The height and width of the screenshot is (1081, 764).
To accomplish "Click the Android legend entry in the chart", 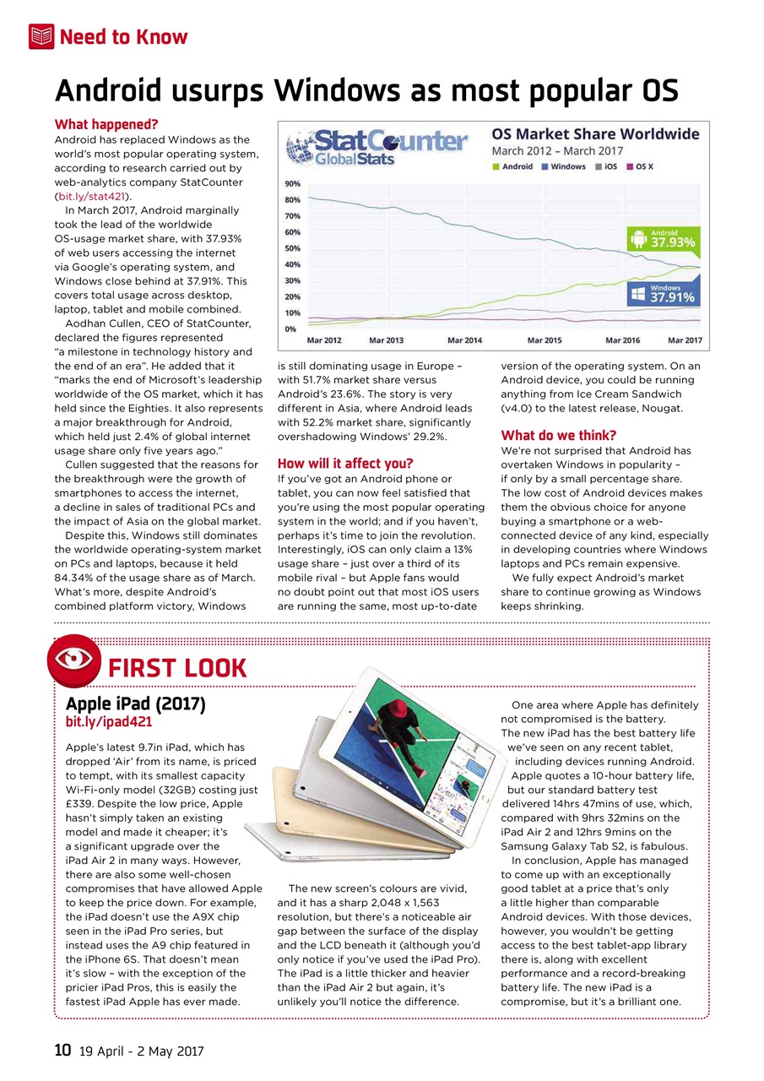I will click(512, 166).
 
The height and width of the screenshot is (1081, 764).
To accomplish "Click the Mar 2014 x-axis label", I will click(464, 340).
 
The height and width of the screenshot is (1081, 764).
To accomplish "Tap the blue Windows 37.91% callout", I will click(663, 292).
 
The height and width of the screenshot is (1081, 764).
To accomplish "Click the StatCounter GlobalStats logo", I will click(377, 146).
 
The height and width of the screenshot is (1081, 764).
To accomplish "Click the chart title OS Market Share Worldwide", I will click(595, 134).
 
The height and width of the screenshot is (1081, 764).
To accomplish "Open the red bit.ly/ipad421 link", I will click(109, 723).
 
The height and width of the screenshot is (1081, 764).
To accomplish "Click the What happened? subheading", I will click(106, 125).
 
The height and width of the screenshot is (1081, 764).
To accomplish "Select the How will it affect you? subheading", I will click(345, 463).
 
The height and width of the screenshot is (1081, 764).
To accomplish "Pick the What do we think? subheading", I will click(559, 436).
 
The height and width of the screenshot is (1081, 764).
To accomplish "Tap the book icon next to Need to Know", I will click(41, 36).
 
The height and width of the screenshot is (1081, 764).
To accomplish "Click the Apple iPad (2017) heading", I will click(135, 703).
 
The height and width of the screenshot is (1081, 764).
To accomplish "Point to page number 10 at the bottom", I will click(62, 1051).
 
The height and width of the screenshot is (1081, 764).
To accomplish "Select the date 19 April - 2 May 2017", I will click(141, 1052).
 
